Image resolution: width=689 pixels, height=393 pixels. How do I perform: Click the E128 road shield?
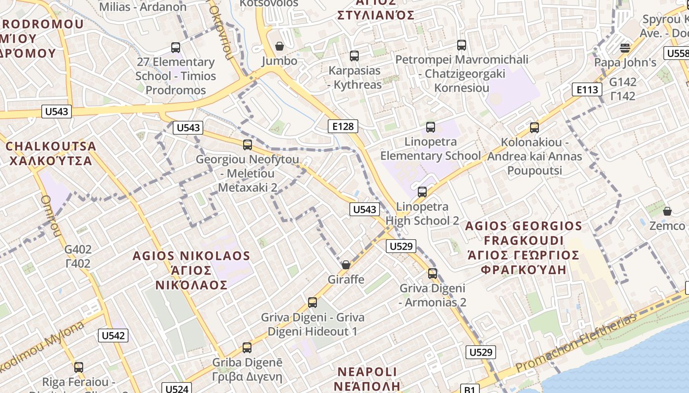point(343,126)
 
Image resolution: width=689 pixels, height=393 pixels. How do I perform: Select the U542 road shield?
point(113,336)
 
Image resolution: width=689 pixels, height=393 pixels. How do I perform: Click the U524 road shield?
point(176,389)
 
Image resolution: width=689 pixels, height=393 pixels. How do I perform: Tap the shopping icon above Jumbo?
point(280,46)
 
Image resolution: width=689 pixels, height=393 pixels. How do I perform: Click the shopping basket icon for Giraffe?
point(346,265)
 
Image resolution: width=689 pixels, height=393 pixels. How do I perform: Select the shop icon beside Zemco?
point(667,211)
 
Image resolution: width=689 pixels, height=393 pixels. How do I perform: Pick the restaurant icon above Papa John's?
point(625,48)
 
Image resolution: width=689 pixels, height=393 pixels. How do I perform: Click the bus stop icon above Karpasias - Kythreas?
point(354,56)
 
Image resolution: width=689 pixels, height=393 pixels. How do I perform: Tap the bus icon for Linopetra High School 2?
point(422,192)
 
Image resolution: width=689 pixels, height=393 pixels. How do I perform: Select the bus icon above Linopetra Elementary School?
point(431,127)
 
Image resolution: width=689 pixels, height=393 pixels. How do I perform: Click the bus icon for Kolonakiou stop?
point(534,128)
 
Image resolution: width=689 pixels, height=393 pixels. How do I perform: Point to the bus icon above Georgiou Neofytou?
point(248,145)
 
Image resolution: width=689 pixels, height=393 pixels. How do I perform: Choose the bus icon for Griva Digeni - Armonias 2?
point(433,274)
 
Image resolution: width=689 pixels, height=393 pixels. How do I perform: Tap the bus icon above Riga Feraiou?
point(79,367)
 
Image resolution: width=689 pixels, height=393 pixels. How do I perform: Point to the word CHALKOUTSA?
point(51,146)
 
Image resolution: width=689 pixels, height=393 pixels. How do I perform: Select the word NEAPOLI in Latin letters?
point(368,371)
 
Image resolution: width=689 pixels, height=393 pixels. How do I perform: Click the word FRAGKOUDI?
point(524,241)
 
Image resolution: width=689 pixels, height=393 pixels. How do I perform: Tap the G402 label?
point(78,250)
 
